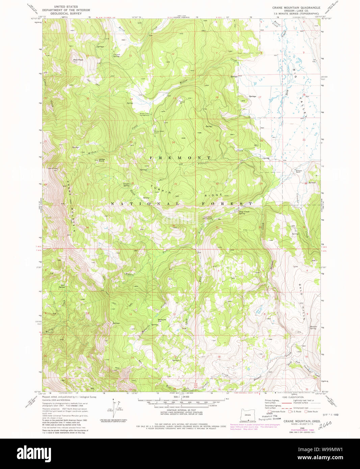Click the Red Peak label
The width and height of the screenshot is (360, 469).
point(78,60)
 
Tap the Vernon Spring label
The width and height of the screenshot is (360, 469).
point(116,55)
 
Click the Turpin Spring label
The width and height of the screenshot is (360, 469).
point(126,185)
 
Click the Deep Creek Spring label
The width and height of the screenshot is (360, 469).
point(244,212)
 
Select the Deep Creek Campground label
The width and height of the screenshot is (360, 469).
point(207,218)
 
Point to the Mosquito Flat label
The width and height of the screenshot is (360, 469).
point(162,320)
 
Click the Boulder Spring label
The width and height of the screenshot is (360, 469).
point(313,328)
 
